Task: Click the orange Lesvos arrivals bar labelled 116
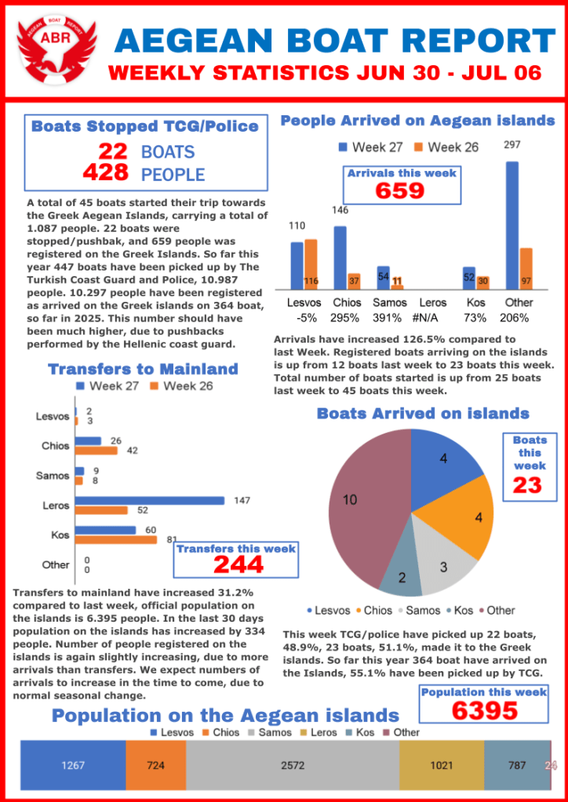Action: [x=311, y=265]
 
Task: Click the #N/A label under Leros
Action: [x=432, y=318]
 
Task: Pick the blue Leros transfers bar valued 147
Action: [x=150, y=500]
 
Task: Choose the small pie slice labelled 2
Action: [x=401, y=579]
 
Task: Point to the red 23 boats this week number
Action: [x=527, y=485]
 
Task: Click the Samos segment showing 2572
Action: [x=293, y=765]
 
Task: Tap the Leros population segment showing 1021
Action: [x=442, y=765]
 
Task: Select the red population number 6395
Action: [x=484, y=710]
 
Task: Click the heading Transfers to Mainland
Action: [x=143, y=369]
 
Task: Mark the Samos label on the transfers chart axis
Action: [x=53, y=476]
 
